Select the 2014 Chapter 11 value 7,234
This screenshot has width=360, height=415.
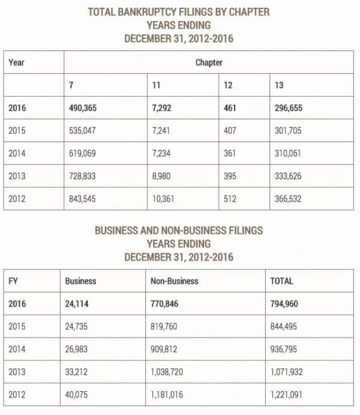click(164, 153)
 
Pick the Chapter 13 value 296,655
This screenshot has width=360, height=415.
click(287, 109)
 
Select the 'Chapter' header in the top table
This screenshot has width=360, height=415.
click(209, 62)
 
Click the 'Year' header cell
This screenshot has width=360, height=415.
click(17, 62)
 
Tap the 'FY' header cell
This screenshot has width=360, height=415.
click(14, 281)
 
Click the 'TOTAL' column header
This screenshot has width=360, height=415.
click(282, 281)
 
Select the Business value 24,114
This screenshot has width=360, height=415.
click(82, 303)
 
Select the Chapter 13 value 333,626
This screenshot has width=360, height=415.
click(287, 175)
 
